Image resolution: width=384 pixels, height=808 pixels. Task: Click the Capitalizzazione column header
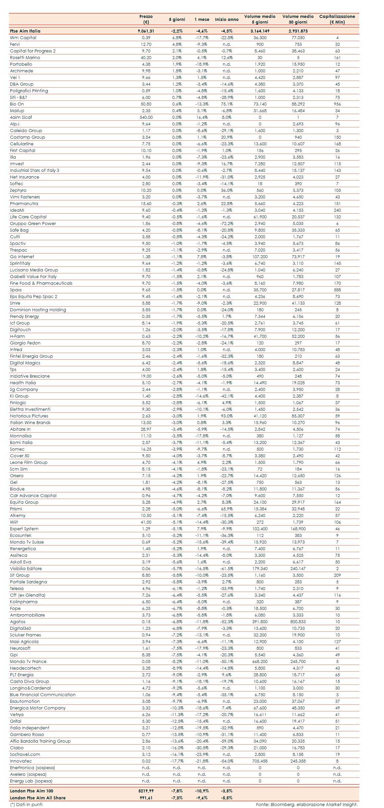337,19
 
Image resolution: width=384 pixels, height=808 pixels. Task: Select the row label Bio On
17,104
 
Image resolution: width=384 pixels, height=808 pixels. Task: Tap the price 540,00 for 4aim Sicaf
146,117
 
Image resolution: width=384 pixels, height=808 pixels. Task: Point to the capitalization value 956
337,104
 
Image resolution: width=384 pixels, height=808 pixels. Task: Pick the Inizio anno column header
227,19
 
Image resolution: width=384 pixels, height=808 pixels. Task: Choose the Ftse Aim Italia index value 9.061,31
146,31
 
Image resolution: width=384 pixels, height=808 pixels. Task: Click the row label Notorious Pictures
29,416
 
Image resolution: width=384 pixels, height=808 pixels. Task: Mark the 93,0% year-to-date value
227,416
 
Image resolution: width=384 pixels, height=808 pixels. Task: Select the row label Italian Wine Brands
30,422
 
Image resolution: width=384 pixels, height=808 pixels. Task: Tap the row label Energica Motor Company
38,708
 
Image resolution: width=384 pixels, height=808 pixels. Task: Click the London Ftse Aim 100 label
32,791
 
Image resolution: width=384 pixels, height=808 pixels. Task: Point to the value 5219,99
146,791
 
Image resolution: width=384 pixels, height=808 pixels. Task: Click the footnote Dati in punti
26,804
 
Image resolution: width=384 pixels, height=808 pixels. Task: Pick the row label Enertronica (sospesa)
32,768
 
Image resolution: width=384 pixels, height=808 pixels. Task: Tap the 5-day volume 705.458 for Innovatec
260,761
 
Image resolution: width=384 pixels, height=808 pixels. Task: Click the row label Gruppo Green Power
33,223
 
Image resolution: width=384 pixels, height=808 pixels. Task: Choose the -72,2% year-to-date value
227,223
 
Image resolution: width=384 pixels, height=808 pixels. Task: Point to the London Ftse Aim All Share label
38,798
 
